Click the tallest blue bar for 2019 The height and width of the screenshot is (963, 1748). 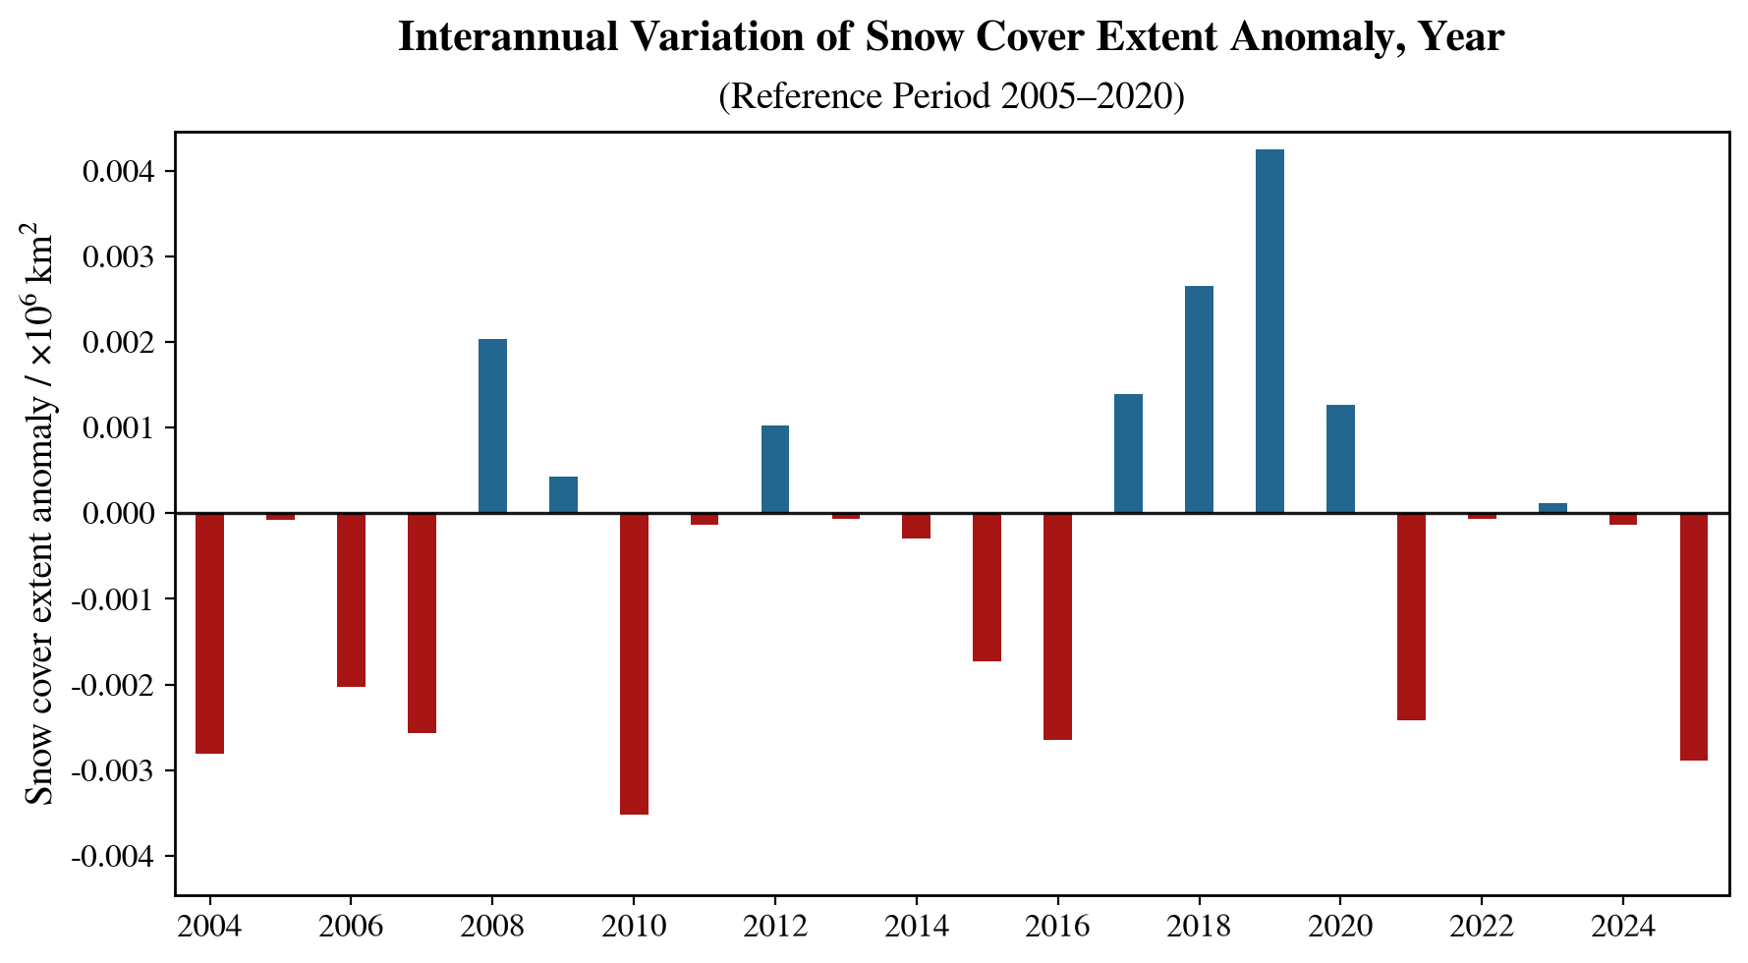(x=1269, y=331)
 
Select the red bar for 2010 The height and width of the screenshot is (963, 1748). (x=634, y=663)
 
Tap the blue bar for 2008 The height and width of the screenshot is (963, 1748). (x=492, y=425)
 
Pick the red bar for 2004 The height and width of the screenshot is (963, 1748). (x=209, y=633)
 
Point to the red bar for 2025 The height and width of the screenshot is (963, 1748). (x=1693, y=637)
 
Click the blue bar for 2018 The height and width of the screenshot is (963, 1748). (x=1199, y=399)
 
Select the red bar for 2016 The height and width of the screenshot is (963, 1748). (x=1057, y=626)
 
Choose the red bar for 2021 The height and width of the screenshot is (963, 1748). (x=1411, y=616)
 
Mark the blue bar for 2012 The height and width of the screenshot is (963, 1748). (x=775, y=469)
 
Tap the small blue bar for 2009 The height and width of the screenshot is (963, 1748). (x=563, y=494)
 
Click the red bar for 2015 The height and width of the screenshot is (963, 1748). (x=987, y=587)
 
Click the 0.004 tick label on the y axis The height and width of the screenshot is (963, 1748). (x=117, y=172)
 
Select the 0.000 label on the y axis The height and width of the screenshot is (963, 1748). (x=117, y=514)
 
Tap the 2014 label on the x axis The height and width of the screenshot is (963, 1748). (x=916, y=927)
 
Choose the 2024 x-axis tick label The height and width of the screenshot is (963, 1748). (x=1622, y=927)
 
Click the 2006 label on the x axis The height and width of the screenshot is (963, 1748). (x=351, y=927)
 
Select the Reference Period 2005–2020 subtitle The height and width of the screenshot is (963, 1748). (x=951, y=96)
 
